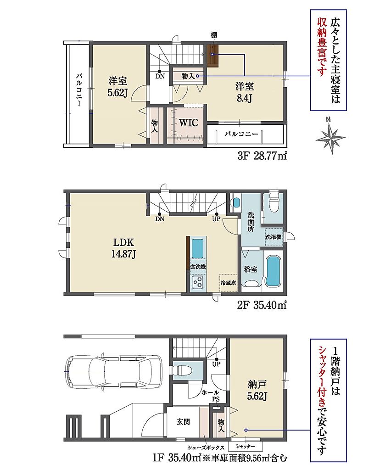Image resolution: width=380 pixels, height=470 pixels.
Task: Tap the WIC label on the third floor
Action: point(189,123)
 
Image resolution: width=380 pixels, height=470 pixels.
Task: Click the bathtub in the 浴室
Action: point(273,271)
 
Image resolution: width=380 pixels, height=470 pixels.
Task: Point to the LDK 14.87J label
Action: point(123,248)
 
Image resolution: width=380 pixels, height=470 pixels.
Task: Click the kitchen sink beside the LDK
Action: point(197,248)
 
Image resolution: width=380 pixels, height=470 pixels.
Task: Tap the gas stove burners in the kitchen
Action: point(198,282)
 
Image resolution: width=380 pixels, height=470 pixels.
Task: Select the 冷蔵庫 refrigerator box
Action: point(228,283)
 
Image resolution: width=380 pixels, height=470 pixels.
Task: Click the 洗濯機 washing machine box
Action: point(274,237)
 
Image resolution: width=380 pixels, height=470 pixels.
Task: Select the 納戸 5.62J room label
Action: point(257,390)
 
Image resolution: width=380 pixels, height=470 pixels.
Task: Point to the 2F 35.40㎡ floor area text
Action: point(262,305)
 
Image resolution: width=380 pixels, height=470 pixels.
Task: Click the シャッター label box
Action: point(245,446)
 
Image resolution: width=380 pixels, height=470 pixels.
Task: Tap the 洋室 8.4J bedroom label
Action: point(244,92)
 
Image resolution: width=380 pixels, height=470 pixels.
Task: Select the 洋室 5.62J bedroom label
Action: point(118,87)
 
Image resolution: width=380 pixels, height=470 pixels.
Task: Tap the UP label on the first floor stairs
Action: point(216,364)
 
